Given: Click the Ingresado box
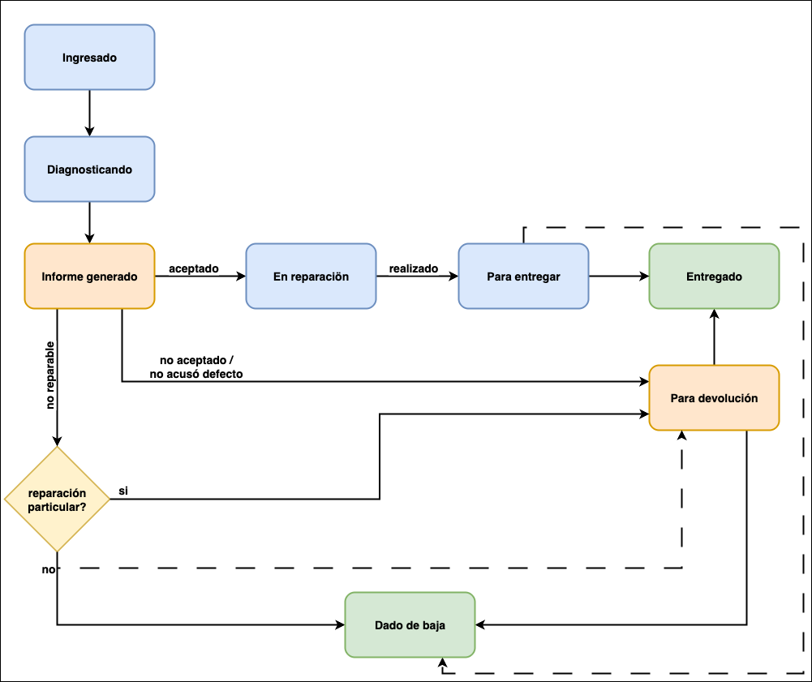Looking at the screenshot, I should pos(89,58).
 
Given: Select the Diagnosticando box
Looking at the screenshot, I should pos(89,169).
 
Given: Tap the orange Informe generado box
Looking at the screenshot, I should pos(89,277).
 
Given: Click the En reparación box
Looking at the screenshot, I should pos(311,277).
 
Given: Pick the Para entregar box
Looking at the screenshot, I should pos(523,277).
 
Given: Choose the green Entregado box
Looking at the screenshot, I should pos(714,277).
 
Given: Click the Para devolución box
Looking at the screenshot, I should pos(714,398).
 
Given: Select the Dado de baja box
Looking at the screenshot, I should pos(410,625).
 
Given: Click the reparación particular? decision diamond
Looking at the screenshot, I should pos(57,500).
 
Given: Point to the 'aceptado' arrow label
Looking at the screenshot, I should pos(193,268).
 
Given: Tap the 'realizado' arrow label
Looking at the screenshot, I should pos(414,268).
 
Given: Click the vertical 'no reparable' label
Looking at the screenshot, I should pos(50,375).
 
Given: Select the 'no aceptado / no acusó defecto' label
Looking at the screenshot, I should pos(196,367).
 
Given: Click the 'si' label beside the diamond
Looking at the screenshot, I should pos(123,491).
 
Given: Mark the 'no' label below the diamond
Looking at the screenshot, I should pos(49,570).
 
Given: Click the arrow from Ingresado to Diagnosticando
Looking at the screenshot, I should pos(89,113).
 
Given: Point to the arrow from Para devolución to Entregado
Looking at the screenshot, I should pos(714,337).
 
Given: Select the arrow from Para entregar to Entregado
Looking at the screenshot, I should pos(618,277).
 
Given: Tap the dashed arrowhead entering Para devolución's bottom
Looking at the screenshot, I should pos(681,436).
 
